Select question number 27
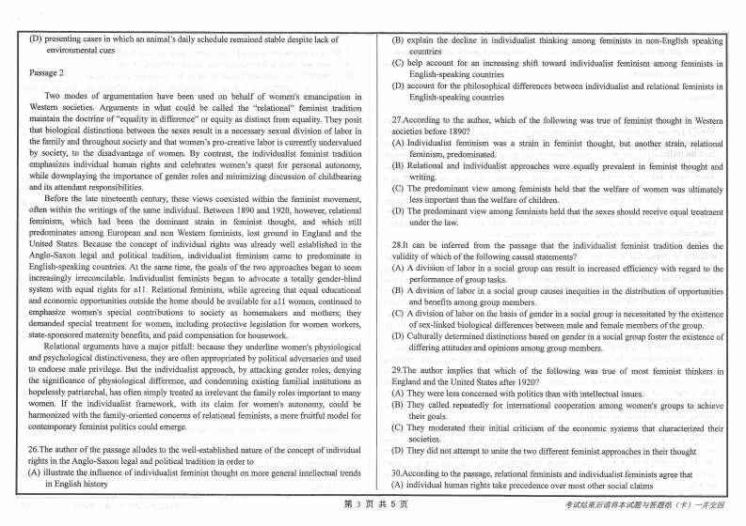coord(398,120)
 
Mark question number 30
coord(398,473)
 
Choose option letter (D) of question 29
coord(399,451)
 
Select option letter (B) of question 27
coord(399,164)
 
